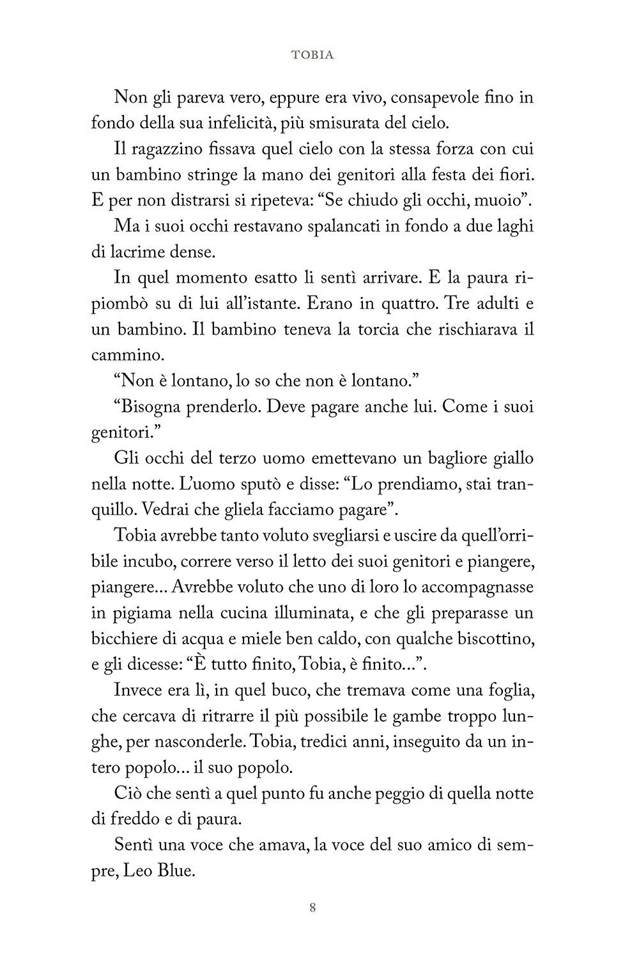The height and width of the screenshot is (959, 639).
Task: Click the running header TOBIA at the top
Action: tap(312, 55)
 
